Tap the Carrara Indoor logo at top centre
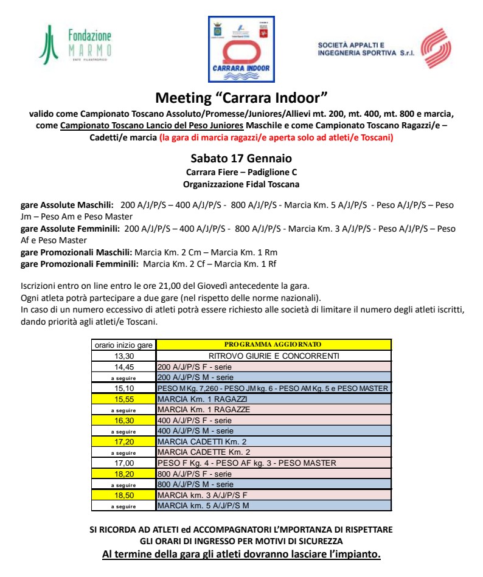pos(241,49)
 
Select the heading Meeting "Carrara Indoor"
pos(241,97)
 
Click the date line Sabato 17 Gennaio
pos(241,159)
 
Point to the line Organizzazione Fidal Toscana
pos(241,184)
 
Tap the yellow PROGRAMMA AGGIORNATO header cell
pos(274,345)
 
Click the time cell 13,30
pos(124,356)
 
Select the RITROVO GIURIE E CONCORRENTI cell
pos(274,356)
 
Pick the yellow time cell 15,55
pos(124,399)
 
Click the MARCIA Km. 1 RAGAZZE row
pos(274,409)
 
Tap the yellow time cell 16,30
pos(124,420)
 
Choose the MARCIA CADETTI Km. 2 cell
pos(274,441)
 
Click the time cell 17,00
pos(124,463)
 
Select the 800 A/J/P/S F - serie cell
pos(274,474)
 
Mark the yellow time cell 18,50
pos(124,495)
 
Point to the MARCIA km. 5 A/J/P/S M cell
pos(274,505)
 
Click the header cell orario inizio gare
pos(124,345)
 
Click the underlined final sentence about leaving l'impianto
pos(241,555)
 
